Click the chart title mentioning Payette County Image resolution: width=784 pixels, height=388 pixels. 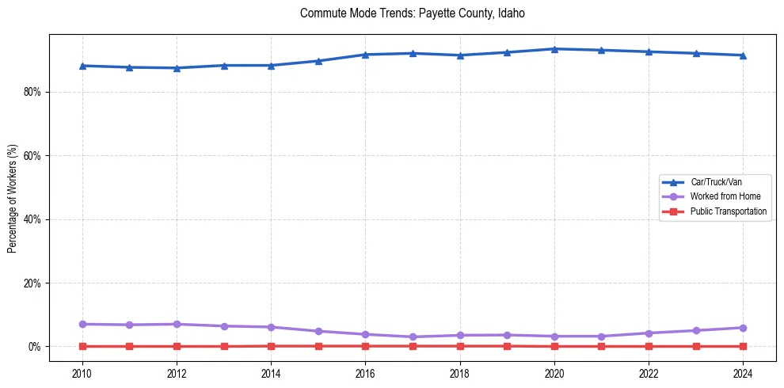pyautogui.click(x=413, y=13)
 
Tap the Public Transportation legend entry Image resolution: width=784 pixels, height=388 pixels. pyautogui.click(x=729, y=211)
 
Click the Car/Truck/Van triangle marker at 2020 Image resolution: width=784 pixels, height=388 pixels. pyautogui.click(x=554, y=49)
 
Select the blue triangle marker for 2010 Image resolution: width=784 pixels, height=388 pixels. pyautogui.click(x=82, y=66)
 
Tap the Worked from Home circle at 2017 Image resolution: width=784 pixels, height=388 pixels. pyautogui.click(x=413, y=337)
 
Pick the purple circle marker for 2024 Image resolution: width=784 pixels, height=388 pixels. pyautogui.click(x=743, y=328)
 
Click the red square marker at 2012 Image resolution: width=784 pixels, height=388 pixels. pyautogui.click(x=177, y=346)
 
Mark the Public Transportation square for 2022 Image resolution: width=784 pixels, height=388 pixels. pyautogui.click(x=649, y=346)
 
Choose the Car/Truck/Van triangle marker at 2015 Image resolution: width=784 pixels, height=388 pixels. pyautogui.click(x=318, y=61)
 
